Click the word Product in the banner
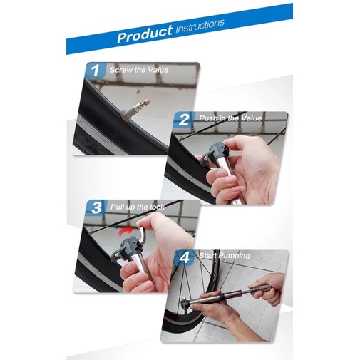point(145,34)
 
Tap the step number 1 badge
point(96,70)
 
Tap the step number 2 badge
point(183,120)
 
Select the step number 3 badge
point(96,207)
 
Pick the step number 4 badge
point(185,257)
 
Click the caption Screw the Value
point(139,70)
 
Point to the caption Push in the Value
point(230,118)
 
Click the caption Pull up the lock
point(138,207)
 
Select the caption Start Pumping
point(225,256)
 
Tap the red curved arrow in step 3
point(126,230)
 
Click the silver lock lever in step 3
point(143,235)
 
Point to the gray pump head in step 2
point(215,151)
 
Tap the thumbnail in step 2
point(231,143)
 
